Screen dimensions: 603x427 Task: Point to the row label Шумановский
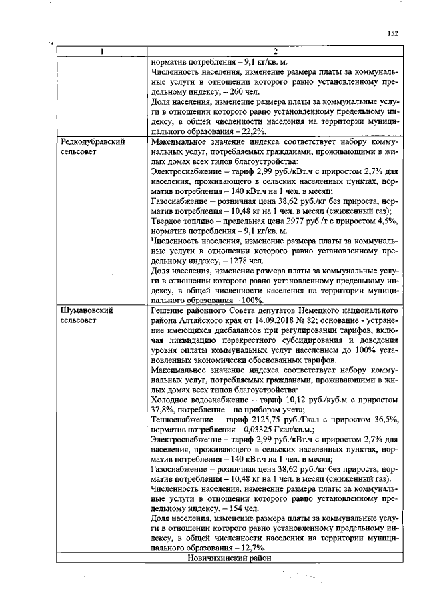coord(87,310)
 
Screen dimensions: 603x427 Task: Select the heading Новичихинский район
coord(231,557)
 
